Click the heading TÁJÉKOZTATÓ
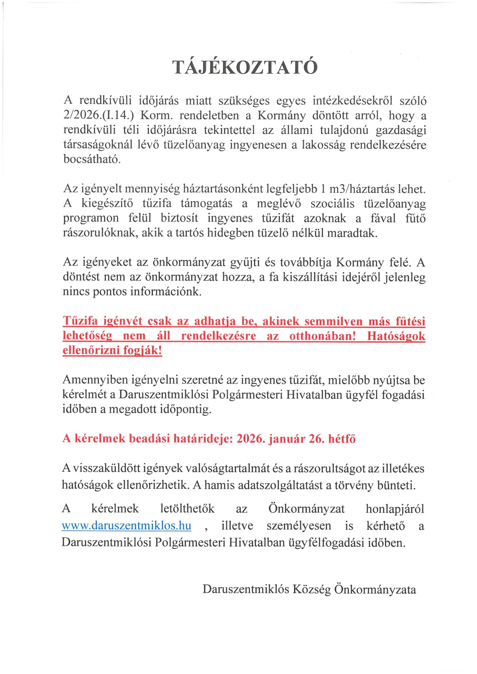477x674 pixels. (245, 67)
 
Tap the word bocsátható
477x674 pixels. (92, 160)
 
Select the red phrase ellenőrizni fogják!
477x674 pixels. (112, 351)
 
